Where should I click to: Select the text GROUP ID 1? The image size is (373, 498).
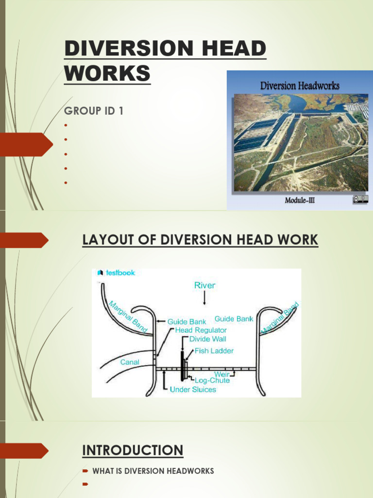pos(94,111)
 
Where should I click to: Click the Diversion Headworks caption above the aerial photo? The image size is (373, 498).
pos(300,86)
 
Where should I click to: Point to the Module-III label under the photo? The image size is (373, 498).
pos(300,200)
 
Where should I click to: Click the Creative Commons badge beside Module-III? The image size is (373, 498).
pos(360,199)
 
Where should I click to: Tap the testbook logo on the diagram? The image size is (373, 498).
pos(116,273)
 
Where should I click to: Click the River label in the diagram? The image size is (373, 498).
pos(204,285)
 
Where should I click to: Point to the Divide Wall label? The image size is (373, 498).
pos(207,339)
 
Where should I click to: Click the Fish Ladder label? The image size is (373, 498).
pos(214,351)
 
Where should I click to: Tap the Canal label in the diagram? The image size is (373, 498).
pos(130,362)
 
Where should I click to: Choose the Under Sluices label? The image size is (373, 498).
pos(193,390)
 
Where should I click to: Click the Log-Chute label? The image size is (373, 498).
pos(212,381)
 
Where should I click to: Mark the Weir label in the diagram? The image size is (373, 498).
pos(221,375)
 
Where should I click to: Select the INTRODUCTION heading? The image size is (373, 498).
pos(133,450)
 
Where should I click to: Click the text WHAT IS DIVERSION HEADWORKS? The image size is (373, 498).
pos(153,471)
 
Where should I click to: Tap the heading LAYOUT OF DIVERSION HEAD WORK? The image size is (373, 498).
pos(200,240)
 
